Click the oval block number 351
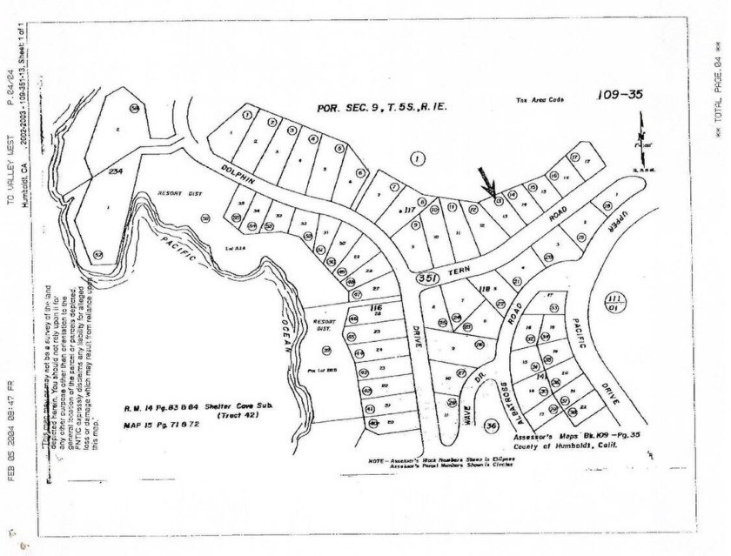pyautogui.click(x=426, y=278)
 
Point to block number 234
pyautogui.click(x=115, y=171)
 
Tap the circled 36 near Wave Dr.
pyautogui.click(x=492, y=426)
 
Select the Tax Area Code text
pyautogui.click(x=540, y=100)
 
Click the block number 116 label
pyautogui.click(x=376, y=307)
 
